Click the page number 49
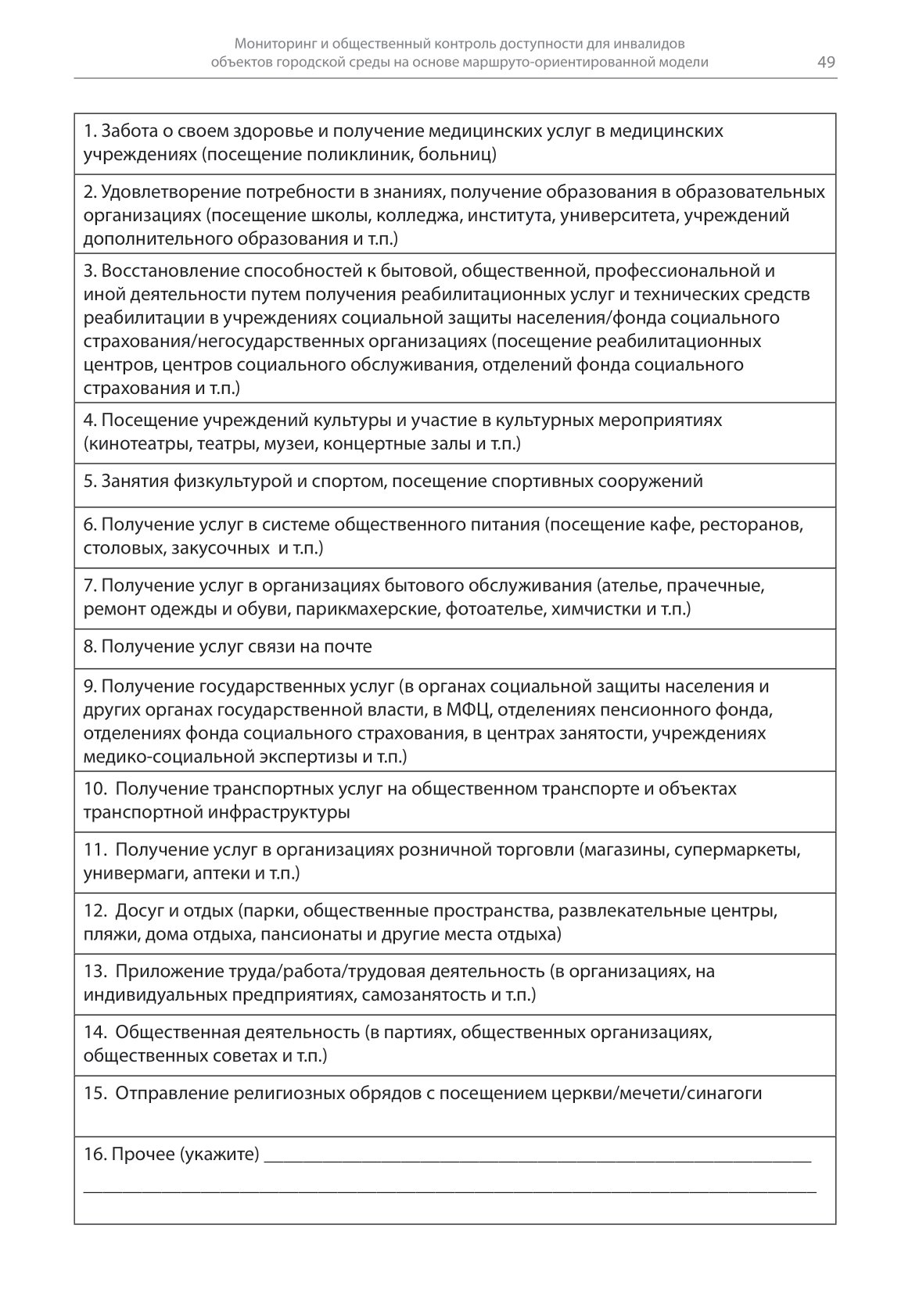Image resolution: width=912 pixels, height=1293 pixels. click(826, 63)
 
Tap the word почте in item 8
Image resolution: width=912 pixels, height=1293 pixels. click(350, 646)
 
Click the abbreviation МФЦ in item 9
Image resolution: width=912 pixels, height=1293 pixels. click(469, 710)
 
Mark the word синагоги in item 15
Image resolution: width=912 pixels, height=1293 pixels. click(725, 1094)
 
